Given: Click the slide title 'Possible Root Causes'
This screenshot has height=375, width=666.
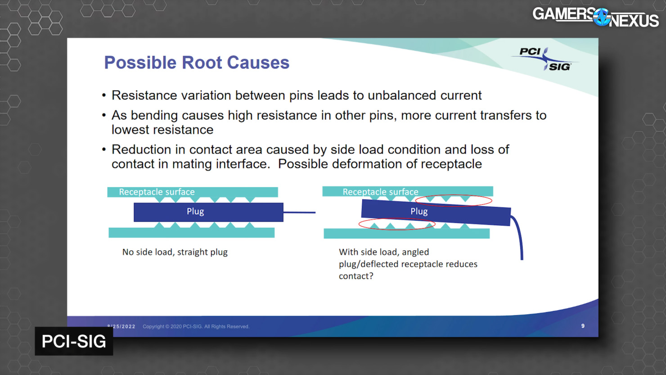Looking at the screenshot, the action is (x=197, y=63).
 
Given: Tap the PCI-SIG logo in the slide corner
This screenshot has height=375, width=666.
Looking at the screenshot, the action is (x=544, y=59).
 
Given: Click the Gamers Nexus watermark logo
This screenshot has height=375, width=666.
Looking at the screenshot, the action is (x=595, y=17).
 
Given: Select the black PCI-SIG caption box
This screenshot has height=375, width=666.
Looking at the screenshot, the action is (x=74, y=341).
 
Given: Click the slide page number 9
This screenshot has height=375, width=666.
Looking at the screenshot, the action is (x=583, y=326).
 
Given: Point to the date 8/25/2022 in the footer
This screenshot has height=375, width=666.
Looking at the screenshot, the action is (x=121, y=326).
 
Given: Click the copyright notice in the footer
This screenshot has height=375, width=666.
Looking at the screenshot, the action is (x=196, y=326).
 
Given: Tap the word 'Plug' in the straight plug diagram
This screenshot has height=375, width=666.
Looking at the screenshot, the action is (x=195, y=211).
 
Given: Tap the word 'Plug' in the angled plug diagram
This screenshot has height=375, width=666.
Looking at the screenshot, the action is (x=419, y=211).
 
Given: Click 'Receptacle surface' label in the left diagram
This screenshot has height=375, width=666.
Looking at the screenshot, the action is (x=157, y=192).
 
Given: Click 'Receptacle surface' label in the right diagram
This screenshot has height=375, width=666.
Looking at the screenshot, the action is (x=380, y=192).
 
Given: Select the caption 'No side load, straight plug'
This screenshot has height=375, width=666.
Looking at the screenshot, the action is (x=175, y=252).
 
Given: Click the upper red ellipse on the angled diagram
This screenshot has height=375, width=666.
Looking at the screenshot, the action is (x=454, y=195).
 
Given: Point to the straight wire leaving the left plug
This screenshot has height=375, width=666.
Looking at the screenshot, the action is (x=299, y=212).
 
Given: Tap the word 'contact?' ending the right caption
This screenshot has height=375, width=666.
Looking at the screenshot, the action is (x=356, y=276).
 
